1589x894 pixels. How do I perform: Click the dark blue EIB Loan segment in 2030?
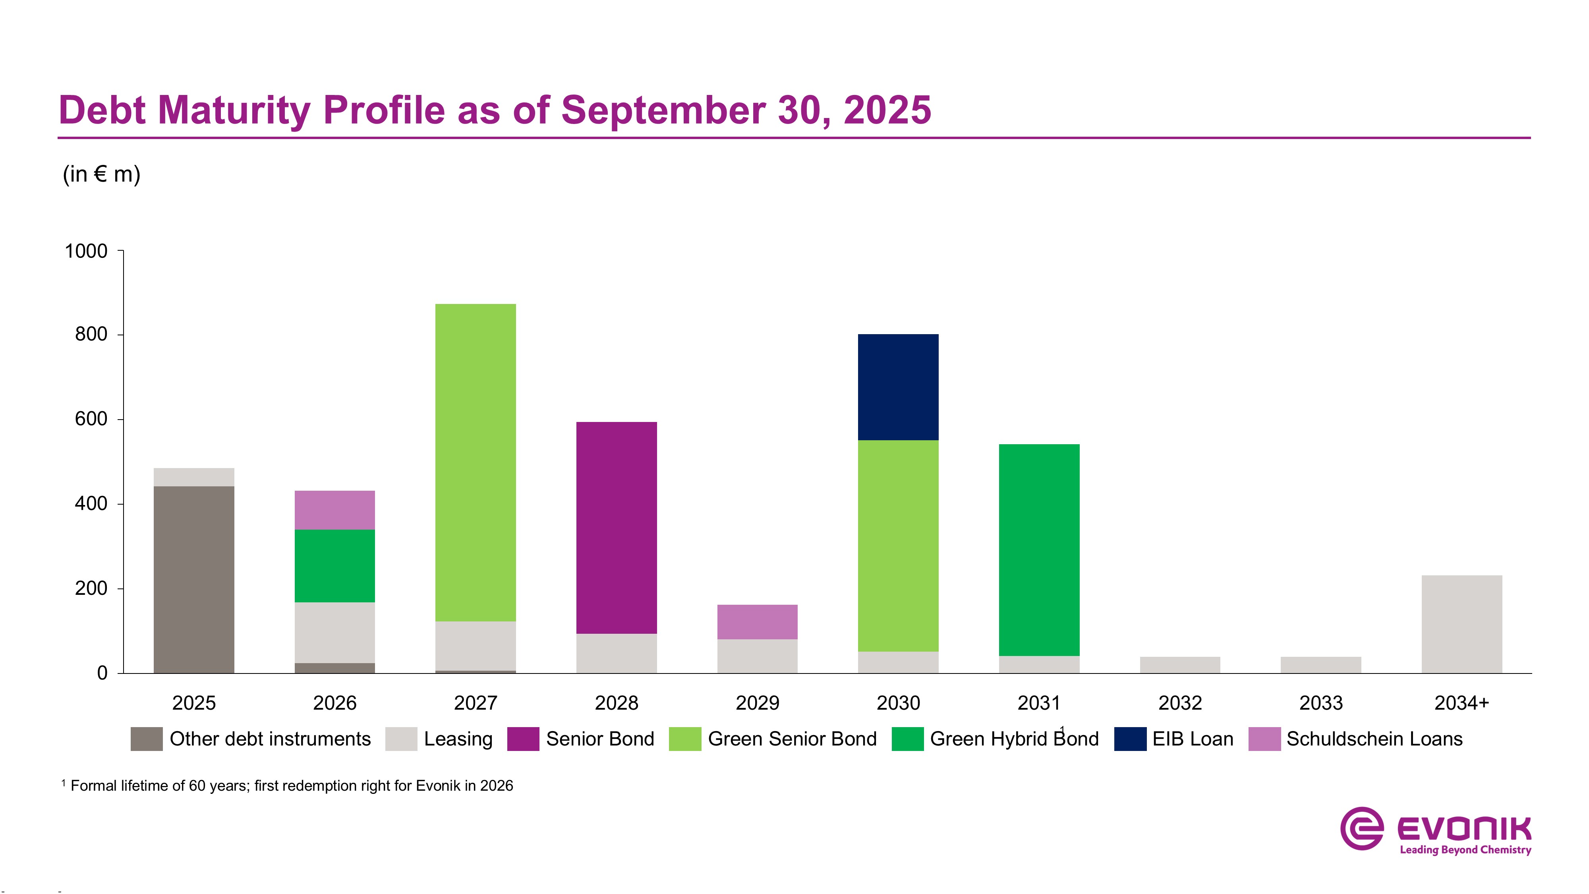point(898,387)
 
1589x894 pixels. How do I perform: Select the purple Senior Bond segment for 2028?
point(616,528)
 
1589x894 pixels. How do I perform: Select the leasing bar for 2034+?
point(1461,624)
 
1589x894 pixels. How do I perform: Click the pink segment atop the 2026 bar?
point(334,510)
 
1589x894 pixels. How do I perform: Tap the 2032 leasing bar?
point(1179,664)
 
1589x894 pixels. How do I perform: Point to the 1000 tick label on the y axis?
point(86,251)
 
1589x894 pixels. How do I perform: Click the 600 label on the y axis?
point(91,419)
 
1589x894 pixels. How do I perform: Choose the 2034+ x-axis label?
point(1461,703)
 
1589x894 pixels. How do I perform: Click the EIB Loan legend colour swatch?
point(1130,739)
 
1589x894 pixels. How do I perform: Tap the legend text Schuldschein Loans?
point(1374,739)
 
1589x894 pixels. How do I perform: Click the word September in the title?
point(663,111)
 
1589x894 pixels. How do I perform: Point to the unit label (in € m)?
point(102,174)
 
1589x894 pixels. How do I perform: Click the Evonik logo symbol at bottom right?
point(1361,828)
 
